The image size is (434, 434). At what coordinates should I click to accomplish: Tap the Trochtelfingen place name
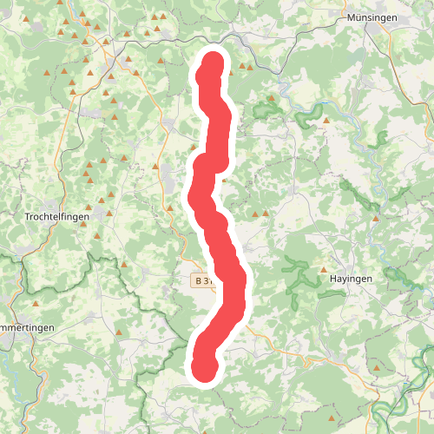click(59, 216)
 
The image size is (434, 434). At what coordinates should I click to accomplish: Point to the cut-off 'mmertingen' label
click(27, 326)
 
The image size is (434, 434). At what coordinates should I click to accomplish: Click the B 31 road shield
click(205, 280)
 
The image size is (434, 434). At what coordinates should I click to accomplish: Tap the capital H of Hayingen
click(333, 279)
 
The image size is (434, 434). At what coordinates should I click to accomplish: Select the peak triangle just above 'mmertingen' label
click(36, 305)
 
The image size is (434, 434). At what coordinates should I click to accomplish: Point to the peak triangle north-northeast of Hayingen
click(376, 219)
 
